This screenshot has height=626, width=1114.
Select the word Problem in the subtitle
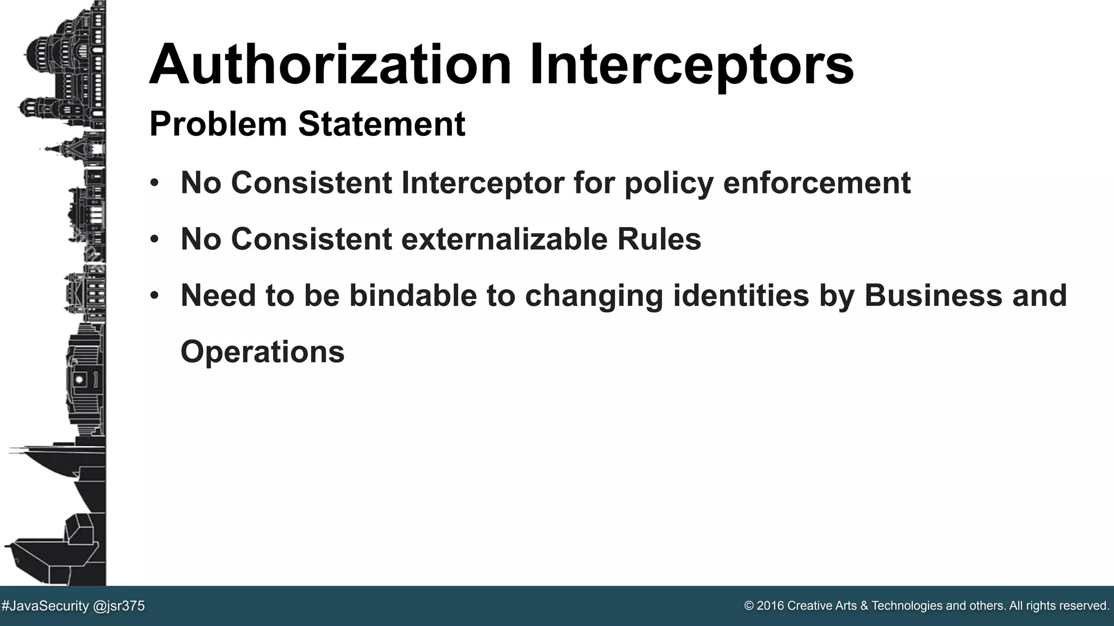pos(218,124)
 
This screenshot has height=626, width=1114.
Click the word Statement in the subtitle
pos(381,124)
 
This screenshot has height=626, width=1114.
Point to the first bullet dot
pos(154,183)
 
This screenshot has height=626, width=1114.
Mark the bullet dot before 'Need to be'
pos(154,296)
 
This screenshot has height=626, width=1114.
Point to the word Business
pos(933,296)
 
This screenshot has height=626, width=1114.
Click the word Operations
pos(262,352)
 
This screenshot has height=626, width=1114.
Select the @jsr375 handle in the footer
pos(119,606)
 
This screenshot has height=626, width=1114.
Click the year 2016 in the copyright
pos(770,606)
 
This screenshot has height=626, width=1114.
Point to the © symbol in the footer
pos(749,606)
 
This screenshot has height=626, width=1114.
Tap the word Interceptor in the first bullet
pos(482,183)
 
